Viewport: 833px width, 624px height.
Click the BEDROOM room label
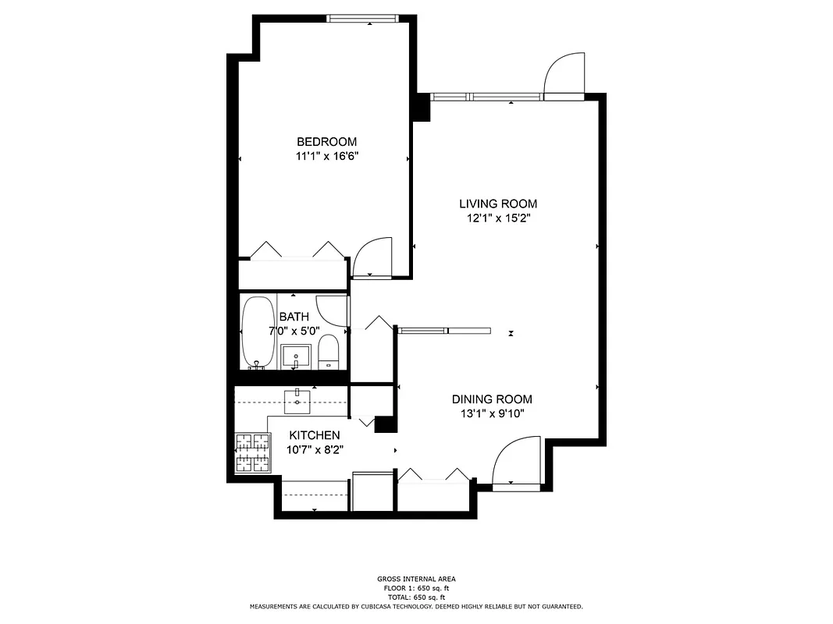[x=326, y=142]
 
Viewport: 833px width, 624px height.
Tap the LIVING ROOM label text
[x=497, y=204]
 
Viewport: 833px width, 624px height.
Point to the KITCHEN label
[x=315, y=435]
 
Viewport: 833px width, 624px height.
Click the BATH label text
[x=294, y=317]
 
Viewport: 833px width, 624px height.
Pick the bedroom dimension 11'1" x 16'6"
[x=326, y=157]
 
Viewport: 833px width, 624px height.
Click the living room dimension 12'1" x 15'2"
[x=497, y=219]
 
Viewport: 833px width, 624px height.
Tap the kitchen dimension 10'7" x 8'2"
[x=315, y=450]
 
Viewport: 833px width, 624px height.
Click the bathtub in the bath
[x=256, y=331]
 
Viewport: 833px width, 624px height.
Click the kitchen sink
[x=297, y=402]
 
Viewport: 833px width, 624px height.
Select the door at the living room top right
[x=564, y=76]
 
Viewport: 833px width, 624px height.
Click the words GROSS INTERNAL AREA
[x=416, y=579]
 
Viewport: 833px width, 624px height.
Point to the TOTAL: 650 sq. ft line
[x=416, y=597]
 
